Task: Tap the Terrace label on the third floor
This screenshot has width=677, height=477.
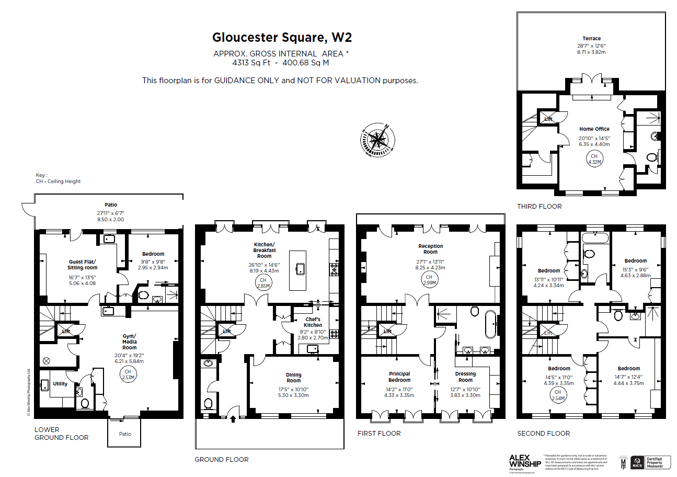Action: point(591,38)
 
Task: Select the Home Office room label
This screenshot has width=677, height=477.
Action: point(594,129)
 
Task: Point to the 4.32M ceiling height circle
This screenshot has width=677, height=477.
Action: point(594,159)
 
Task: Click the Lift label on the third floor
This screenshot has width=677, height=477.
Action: point(548,119)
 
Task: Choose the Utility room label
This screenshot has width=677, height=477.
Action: point(60,384)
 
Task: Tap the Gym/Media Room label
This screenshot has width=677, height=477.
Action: point(129,342)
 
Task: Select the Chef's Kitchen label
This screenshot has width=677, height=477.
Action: point(313,322)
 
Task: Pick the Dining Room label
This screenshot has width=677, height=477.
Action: point(293,377)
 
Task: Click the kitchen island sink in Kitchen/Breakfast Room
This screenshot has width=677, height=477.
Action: point(300,269)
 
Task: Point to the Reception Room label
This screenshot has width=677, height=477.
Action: point(430,249)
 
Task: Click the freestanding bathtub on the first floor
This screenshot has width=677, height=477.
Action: point(491,324)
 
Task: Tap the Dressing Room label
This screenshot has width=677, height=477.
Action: point(465,377)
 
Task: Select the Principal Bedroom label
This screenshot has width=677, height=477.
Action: point(399,377)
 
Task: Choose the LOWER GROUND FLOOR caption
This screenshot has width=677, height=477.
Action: point(61,434)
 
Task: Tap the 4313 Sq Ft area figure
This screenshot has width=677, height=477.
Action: point(251,62)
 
